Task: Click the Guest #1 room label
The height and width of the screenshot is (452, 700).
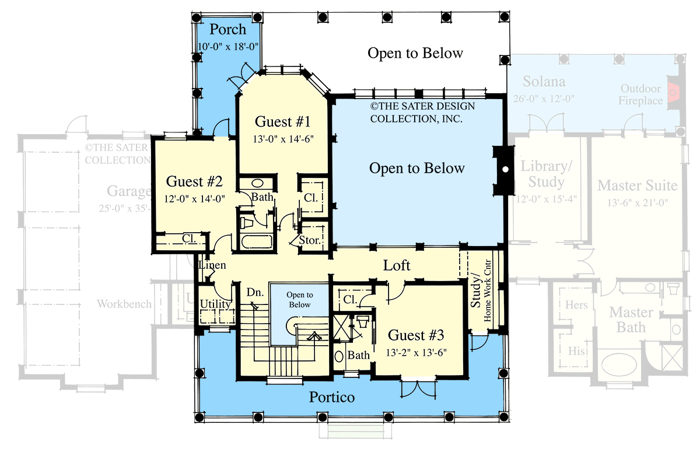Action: [282, 122]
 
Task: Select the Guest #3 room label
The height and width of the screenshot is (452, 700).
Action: [416, 335]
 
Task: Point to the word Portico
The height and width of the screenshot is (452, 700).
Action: [331, 398]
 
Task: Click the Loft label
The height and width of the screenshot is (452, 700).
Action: [397, 265]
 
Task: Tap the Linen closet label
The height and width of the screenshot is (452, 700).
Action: [212, 265]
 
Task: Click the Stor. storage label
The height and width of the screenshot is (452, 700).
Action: [309, 240]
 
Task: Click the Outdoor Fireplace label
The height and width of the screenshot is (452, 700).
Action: [641, 94]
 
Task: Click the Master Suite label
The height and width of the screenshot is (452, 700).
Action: [637, 185]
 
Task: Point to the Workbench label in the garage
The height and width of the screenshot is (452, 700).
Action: [124, 304]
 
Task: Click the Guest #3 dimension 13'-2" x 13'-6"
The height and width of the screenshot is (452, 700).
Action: [416, 352]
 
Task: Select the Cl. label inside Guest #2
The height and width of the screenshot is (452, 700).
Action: [188, 238]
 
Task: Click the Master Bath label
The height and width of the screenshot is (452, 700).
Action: [631, 320]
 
